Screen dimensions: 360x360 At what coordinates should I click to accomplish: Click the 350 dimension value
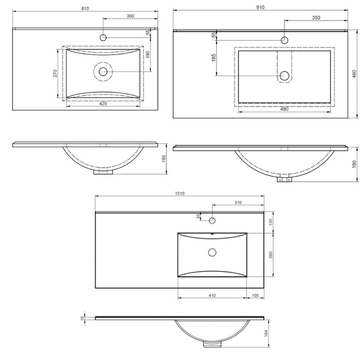coord(316,17)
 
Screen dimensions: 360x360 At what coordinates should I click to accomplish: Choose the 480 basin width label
coord(284,109)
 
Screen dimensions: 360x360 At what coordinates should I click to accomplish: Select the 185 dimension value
coord(213,58)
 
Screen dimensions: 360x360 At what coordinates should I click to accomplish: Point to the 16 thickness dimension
coord(81,319)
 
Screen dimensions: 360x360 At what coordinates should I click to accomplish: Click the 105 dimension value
coord(255,296)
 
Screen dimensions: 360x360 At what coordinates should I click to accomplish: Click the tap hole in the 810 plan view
coord(103,37)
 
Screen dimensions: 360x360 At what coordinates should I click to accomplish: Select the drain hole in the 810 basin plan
coord(103,71)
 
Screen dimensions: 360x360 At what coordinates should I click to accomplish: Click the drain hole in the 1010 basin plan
coord(212,252)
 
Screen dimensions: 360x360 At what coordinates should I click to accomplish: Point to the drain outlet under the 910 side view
coord(283,179)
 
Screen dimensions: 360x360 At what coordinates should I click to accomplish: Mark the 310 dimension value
coord(237,203)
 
